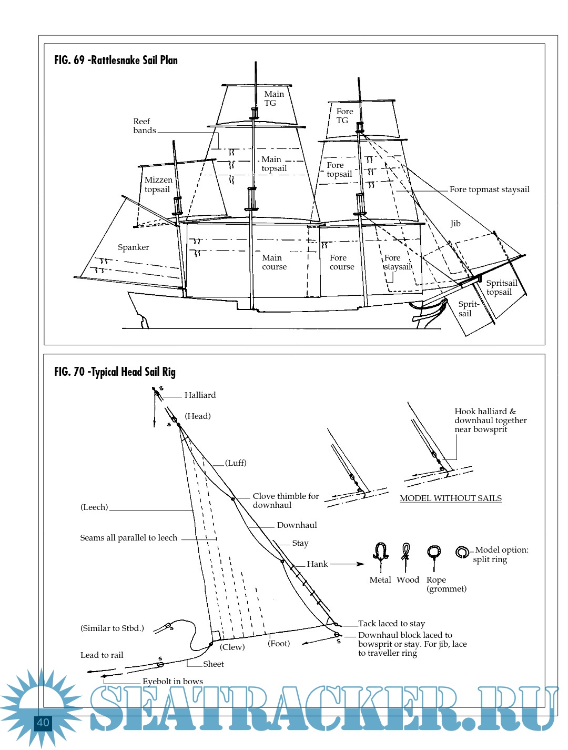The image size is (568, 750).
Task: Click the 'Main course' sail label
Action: pyautogui.click(x=274, y=262)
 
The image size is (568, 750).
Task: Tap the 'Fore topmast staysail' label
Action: pyautogui.click(x=489, y=189)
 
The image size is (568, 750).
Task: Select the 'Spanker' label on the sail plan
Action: pyautogui.click(x=133, y=247)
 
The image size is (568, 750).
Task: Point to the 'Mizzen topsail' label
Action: pyautogui.click(x=158, y=185)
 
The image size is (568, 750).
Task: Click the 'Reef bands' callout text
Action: pyautogui.click(x=144, y=126)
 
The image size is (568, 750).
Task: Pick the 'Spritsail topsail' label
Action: pyautogui.click(x=501, y=287)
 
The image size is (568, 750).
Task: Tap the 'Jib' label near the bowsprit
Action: pyautogui.click(x=455, y=224)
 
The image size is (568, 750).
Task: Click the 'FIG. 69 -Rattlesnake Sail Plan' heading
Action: pyautogui.click(x=116, y=60)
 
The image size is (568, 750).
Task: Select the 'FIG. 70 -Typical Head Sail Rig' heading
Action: pyautogui.click(x=115, y=372)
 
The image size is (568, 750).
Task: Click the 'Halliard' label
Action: pyautogui.click(x=200, y=395)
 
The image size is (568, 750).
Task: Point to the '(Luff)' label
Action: pyautogui.click(x=236, y=463)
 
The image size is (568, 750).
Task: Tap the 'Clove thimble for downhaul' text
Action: pyautogui.click(x=286, y=501)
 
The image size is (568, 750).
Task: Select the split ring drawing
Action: pyautogui.click(x=462, y=552)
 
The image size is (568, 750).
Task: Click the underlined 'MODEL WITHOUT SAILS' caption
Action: pyautogui.click(x=450, y=498)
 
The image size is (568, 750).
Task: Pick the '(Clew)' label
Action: pyautogui.click(x=232, y=647)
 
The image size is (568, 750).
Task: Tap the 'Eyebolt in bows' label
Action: pyautogui.click(x=173, y=682)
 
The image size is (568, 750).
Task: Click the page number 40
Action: pyautogui.click(x=43, y=723)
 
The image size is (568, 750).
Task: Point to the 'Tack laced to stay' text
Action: pyautogui.click(x=391, y=624)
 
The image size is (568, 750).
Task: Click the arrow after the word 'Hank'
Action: pyautogui.click(x=347, y=564)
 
